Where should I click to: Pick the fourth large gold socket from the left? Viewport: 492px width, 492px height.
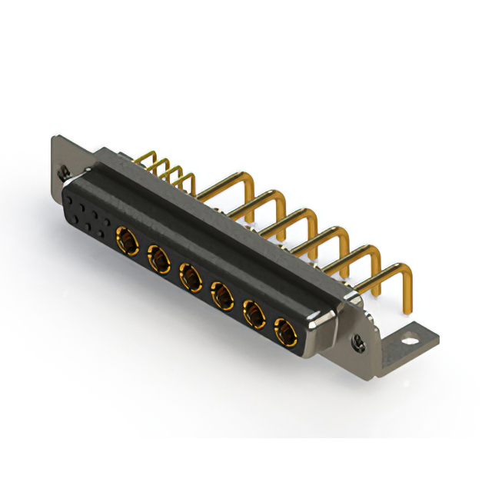[x=223, y=294]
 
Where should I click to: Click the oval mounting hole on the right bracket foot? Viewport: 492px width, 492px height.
[x=412, y=336]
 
